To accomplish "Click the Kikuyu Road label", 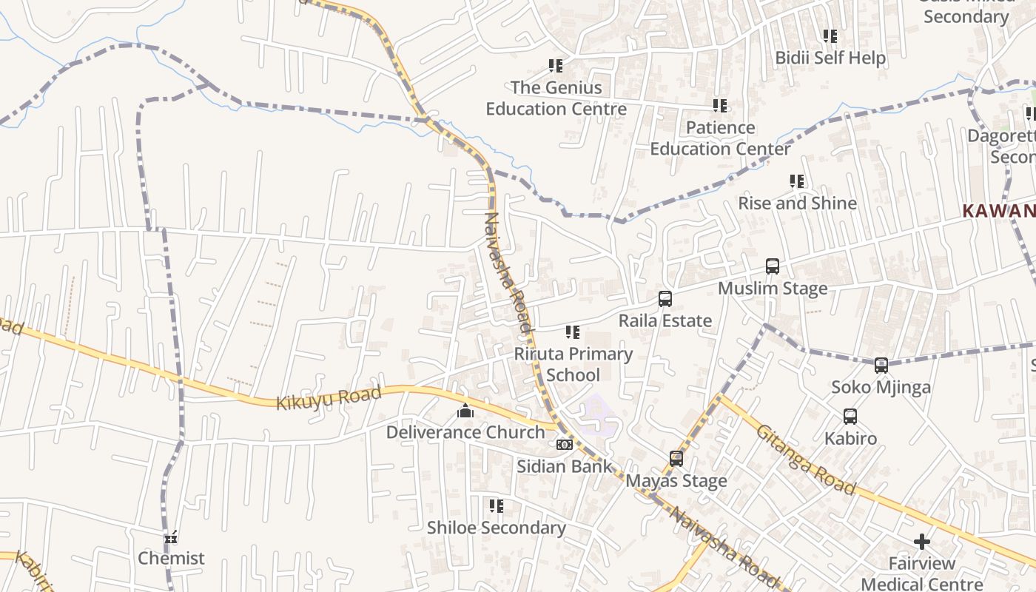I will coord(329,398).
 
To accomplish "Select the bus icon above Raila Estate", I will coord(665,299).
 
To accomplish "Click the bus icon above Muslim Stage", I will coord(773,266).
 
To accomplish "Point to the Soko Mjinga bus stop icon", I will coord(881,366).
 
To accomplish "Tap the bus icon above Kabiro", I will coord(850,417).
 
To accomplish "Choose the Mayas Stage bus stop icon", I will coord(676,459).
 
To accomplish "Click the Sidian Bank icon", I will coord(565,445).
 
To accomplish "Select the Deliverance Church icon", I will coord(465,411).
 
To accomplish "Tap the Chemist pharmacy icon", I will coord(171,537).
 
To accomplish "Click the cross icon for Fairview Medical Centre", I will coord(921,542).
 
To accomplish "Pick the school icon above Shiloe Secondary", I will coord(497,506).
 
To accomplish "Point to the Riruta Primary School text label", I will coord(573,364).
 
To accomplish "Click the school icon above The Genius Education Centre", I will coord(556,66).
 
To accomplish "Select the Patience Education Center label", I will coord(720,138).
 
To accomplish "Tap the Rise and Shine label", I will coord(797,203).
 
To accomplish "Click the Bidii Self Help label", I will coord(830,58).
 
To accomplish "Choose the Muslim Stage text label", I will coord(773,289).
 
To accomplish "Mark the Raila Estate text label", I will coord(665,321).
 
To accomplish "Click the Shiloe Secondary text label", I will coord(496,528).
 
